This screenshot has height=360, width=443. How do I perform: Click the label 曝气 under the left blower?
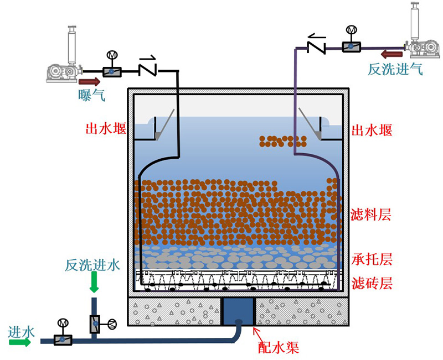[x=91, y=95]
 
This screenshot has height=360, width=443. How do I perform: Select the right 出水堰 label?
[x=372, y=131]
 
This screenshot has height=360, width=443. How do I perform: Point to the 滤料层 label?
[x=372, y=215]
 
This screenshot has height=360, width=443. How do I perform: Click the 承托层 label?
[x=372, y=259]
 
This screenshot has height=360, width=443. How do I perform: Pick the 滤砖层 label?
[x=372, y=284]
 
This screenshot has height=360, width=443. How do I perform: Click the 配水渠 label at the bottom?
[x=279, y=347]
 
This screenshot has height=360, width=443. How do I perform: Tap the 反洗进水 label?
[x=92, y=264]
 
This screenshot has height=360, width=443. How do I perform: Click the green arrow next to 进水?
[x=20, y=342]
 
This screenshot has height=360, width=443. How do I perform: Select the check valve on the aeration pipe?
[x=148, y=68]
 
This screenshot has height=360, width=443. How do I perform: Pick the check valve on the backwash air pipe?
[x=316, y=44]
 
